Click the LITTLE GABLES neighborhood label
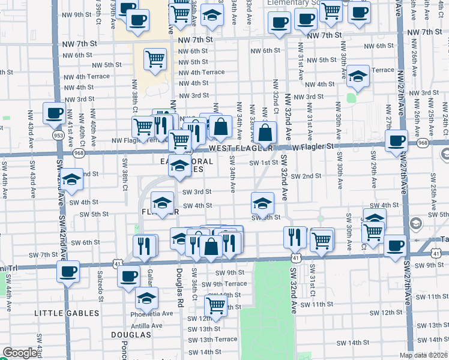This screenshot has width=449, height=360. [67, 313]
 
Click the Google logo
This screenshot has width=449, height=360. [20, 353]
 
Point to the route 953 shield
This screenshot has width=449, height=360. [58, 135]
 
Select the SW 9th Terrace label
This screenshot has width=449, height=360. [224, 284]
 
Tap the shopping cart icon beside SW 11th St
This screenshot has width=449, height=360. [215, 305]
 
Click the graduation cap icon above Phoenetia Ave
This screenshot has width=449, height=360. [146, 298]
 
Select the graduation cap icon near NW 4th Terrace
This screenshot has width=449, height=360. [358, 76]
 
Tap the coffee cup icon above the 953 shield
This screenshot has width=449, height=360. [54, 112]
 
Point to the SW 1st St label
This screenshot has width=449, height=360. [265, 162]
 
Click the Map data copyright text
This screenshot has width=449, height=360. [424, 355]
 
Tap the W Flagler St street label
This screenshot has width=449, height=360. [313, 146]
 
